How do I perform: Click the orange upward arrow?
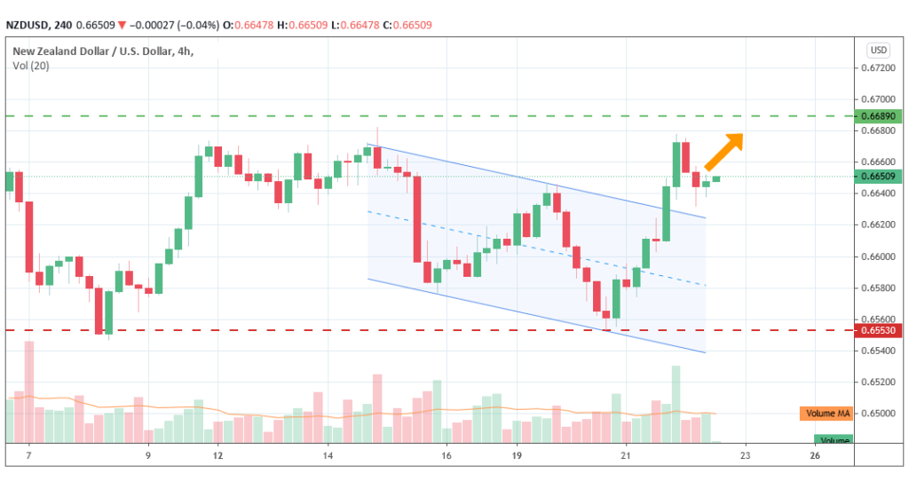point(724,150)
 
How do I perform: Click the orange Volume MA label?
point(826,414)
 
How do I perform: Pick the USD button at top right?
point(879,50)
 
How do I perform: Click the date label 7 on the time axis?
point(28,455)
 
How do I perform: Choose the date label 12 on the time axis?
point(217,455)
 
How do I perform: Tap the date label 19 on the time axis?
point(515,455)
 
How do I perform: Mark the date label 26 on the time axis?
point(814,455)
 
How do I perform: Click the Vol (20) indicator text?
point(31,66)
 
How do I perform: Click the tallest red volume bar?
point(29,390)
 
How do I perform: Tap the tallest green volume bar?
point(676,403)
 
